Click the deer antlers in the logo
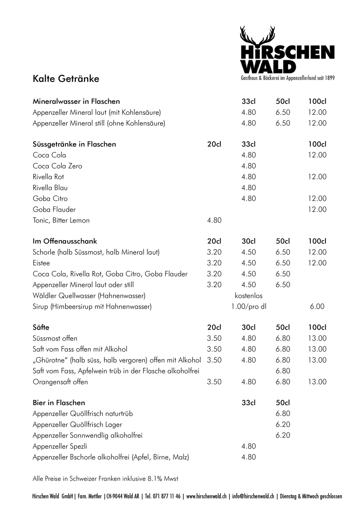tap(258, 36)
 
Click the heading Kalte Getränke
tap(66, 79)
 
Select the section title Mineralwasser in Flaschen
tap(76, 102)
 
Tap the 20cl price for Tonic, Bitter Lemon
tap(214, 220)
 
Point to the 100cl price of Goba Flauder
tap(317, 209)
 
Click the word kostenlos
tap(249, 296)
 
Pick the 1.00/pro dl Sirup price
tap(249, 306)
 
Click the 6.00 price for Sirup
tap(317, 306)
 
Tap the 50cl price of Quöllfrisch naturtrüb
tap(283, 414)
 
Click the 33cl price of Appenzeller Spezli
tap(249, 446)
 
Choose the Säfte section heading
tap(41, 327)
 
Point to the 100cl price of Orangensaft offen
tap(317, 382)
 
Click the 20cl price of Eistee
tap(214, 263)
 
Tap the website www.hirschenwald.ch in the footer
tap(206, 496)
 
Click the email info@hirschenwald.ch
tap(253, 496)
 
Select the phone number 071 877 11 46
tap(166, 496)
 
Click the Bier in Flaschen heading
tap(59, 403)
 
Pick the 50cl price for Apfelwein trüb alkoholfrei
tap(283, 371)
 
